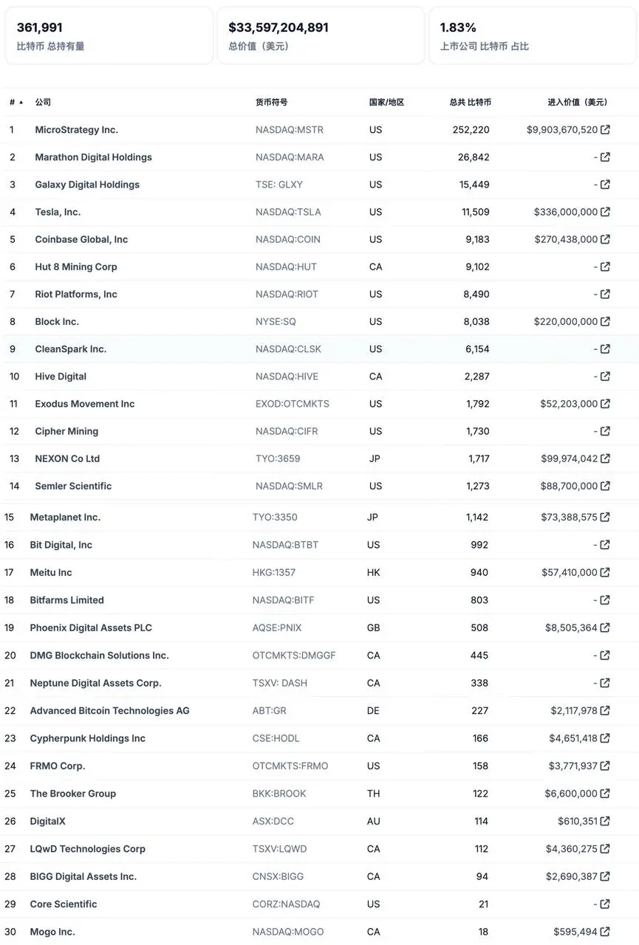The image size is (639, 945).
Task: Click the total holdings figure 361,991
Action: click(x=40, y=27)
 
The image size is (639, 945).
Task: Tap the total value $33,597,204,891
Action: click(x=279, y=27)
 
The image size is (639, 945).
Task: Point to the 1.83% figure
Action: click(x=458, y=27)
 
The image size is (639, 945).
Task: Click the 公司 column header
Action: click(x=43, y=102)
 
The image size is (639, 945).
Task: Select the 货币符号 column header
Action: click(x=272, y=102)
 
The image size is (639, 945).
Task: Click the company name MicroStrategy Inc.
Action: click(x=76, y=129)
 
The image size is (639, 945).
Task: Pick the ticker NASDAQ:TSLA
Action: click(x=288, y=212)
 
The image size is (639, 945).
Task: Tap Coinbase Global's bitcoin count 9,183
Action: click(x=478, y=239)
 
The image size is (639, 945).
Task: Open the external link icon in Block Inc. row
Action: click(x=605, y=321)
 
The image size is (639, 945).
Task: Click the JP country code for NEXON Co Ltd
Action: click(x=375, y=458)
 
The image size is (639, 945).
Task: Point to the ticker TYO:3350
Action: click(x=275, y=518)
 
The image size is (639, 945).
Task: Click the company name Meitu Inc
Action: click(x=51, y=572)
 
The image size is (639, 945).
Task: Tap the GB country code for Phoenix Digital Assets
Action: click(x=374, y=628)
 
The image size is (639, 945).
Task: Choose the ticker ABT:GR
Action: click(x=269, y=710)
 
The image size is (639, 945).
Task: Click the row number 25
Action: click(x=10, y=794)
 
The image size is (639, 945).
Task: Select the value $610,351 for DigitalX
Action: click(x=577, y=821)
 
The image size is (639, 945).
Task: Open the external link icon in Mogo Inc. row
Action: click(x=605, y=932)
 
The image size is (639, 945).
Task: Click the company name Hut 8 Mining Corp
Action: click(x=76, y=267)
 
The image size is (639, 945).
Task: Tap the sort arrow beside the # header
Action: click(x=21, y=103)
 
